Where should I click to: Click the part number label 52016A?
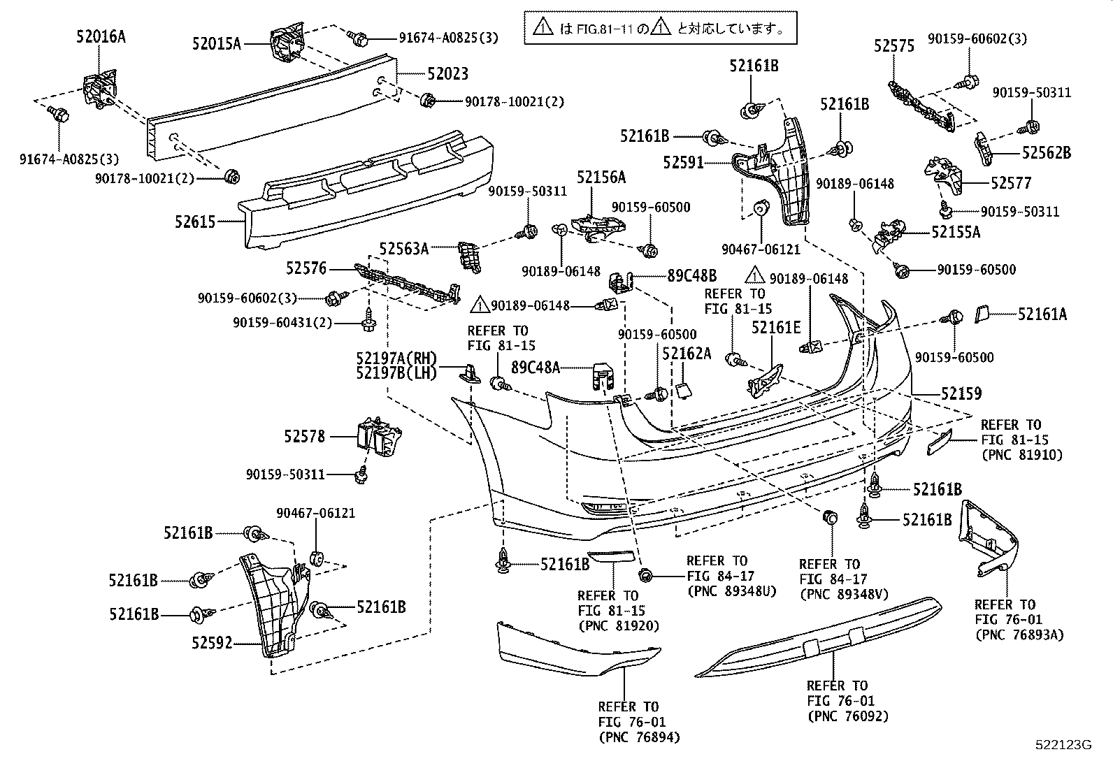[x=101, y=37]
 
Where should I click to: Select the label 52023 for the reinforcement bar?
[x=448, y=73]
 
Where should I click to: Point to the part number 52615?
[x=196, y=222]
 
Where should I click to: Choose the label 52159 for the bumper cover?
[x=961, y=393]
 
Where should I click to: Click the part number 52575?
[x=893, y=46]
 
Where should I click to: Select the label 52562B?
[x=1046, y=152]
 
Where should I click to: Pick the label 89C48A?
[x=535, y=367]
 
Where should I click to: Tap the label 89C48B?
[x=691, y=275]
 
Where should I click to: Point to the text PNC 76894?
[x=638, y=737]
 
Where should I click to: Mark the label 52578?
[x=304, y=437]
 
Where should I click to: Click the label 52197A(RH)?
[x=396, y=358]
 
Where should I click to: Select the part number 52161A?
[x=1042, y=314]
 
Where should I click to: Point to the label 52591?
[x=683, y=163]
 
